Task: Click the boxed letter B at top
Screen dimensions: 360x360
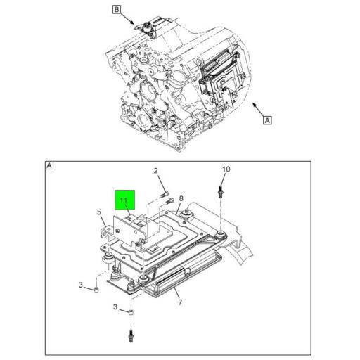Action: point(117,10)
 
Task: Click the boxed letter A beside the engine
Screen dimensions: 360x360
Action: point(266,120)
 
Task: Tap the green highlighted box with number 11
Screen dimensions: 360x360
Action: point(124,202)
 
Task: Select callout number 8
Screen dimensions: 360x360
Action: point(181,200)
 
